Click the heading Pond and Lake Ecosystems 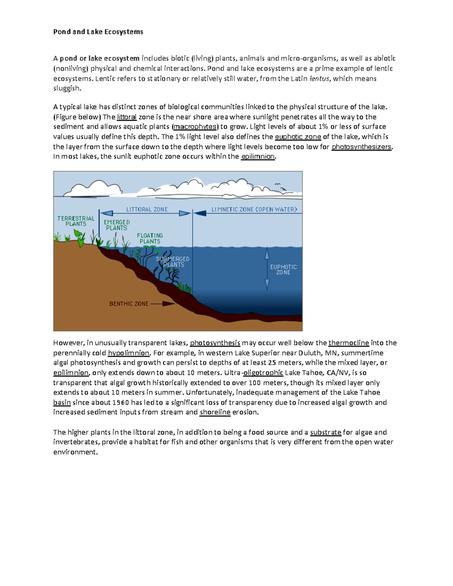(98, 32)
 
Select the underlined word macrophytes (195, 127)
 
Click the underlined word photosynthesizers (362, 147)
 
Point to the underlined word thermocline (348, 343)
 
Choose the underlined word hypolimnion (129, 353)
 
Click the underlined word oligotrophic (263, 373)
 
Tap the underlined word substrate (325, 432)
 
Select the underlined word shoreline (215, 412)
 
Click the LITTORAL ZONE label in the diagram (147, 209)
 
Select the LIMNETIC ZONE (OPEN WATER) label (254, 209)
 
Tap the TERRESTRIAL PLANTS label (76, 221)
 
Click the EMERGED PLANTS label (117, 225)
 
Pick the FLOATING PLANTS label (150, 238)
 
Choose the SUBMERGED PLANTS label (173, 262)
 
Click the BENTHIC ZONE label (129, 304)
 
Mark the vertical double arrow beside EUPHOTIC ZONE (267, 269)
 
